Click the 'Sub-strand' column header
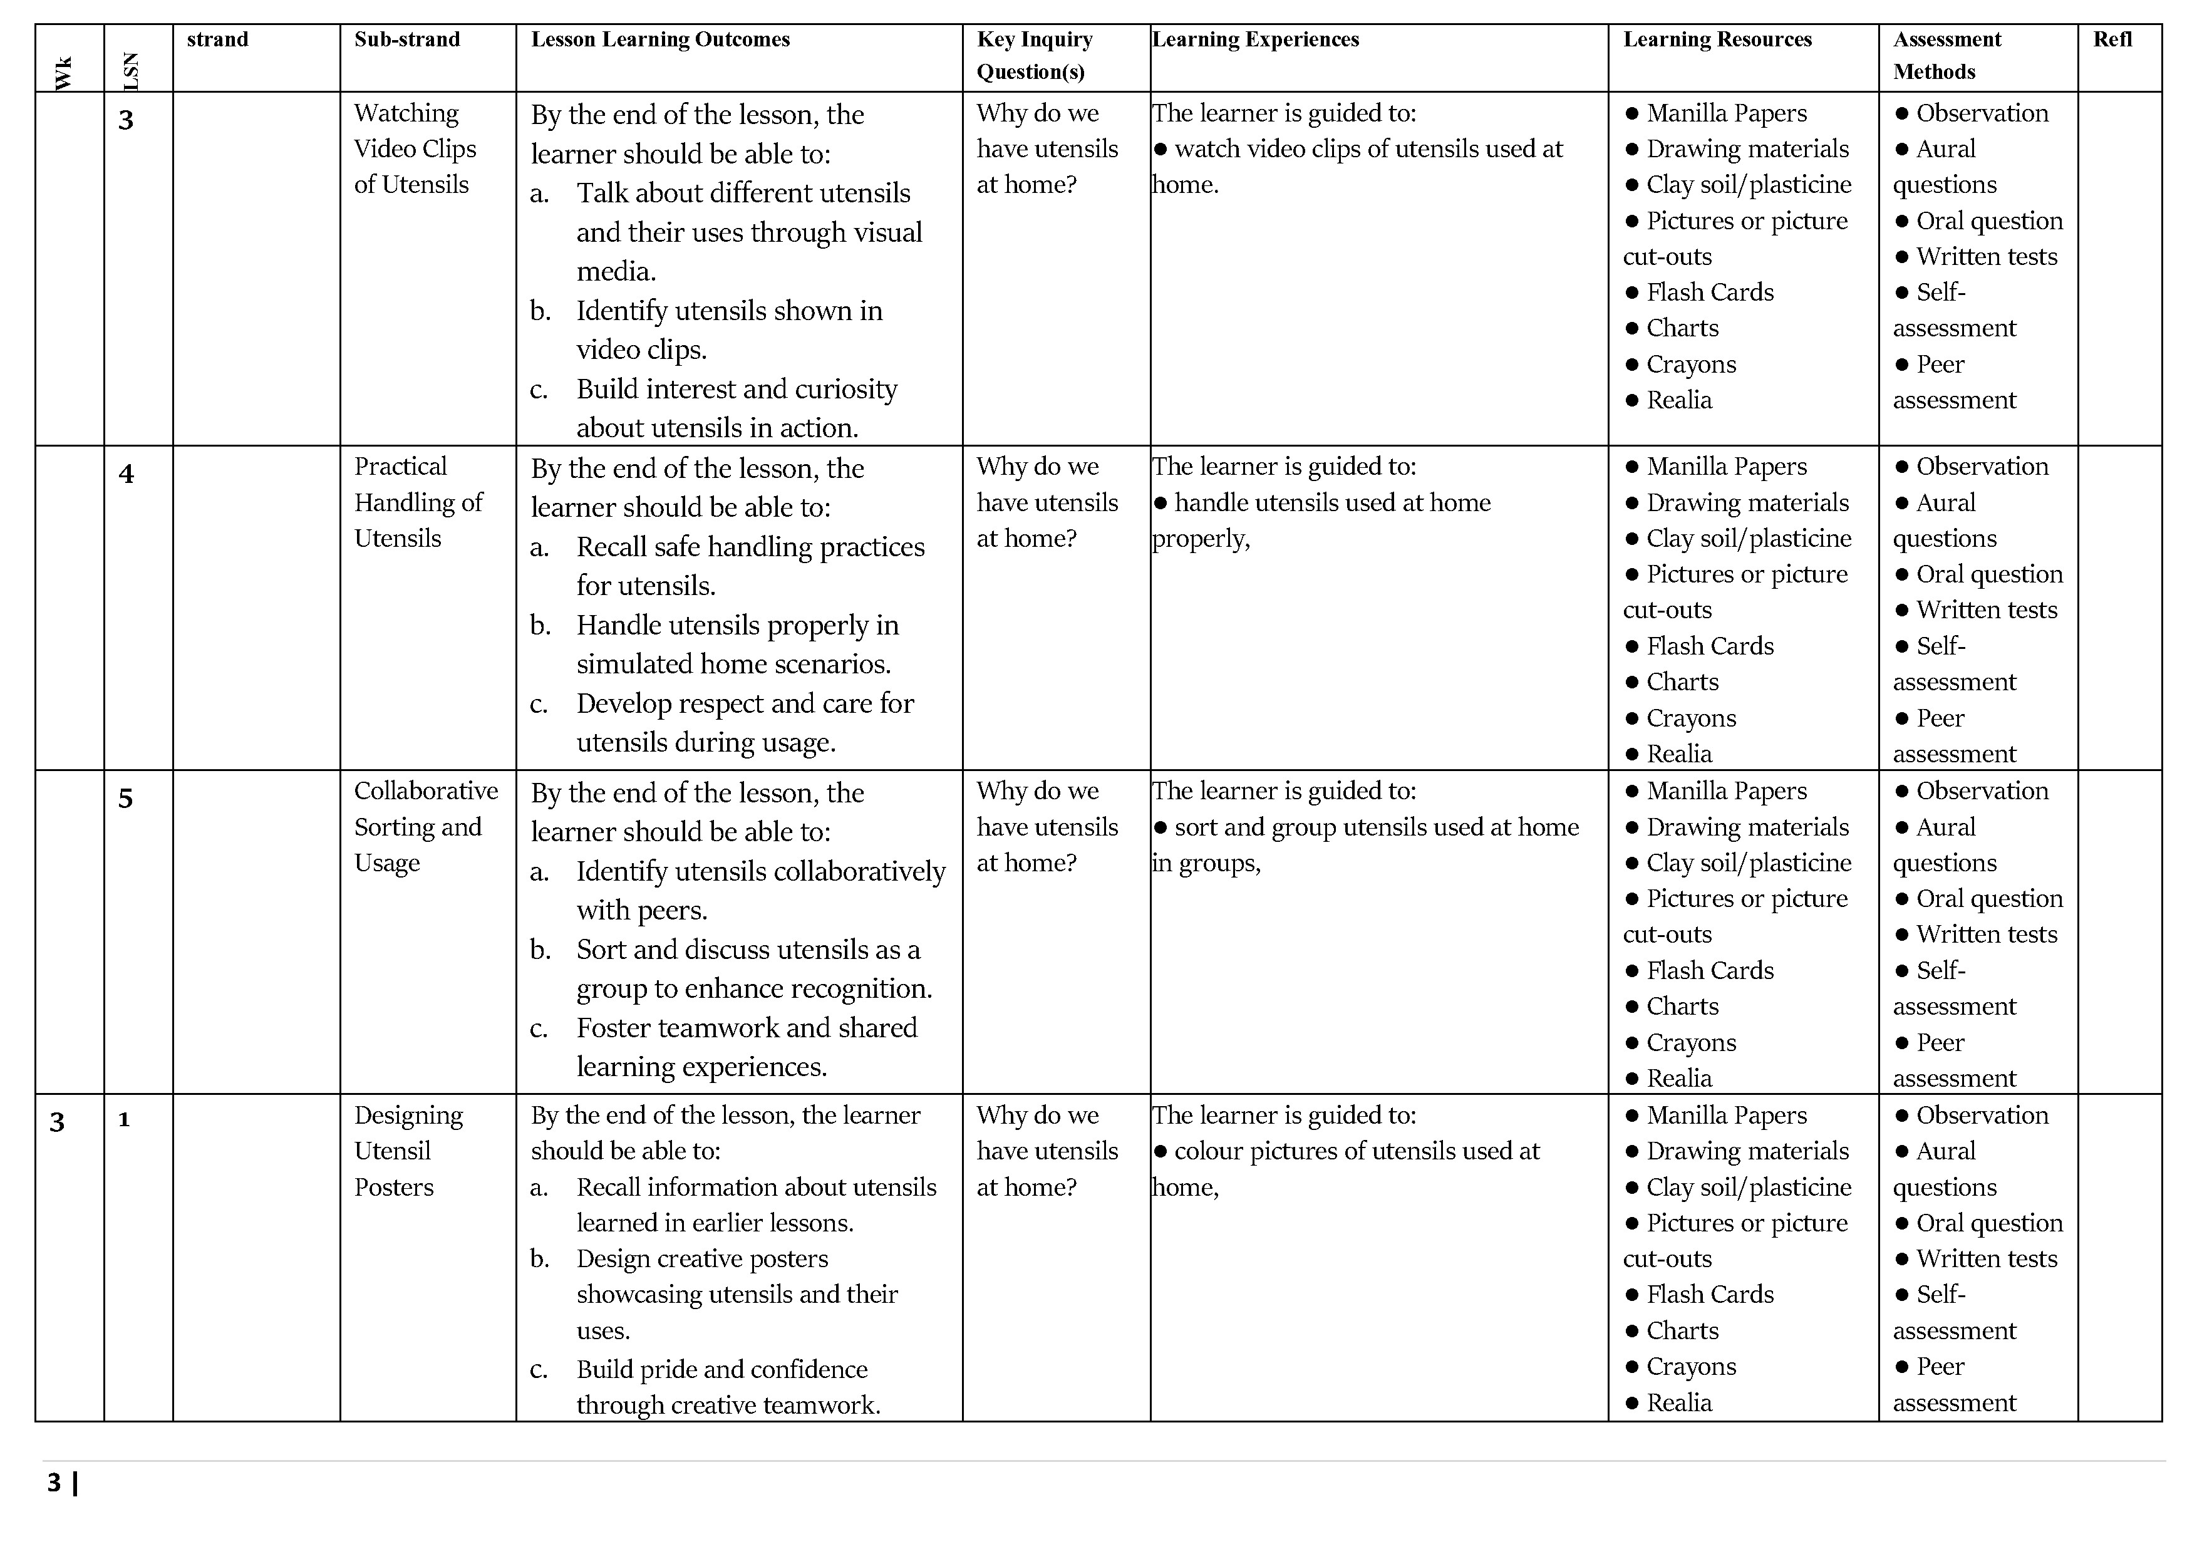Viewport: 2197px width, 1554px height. pyautogui.click(x=406, y=39)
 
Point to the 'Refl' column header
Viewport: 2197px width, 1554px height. pyautogui.click(x=2112, y=39)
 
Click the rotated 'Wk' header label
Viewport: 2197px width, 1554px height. pyautogui.click(x=64, y=73)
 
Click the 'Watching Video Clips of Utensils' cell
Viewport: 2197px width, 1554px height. pyautogui.click(x=415, y=148)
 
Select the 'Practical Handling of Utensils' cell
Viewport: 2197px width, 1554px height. pyautogui.click(x=418, y=502)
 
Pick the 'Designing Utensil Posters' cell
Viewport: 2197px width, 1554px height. pyautogui.click(x=408, y=1151)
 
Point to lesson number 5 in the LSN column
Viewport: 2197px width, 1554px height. pyautogui.click(x=125, y=798)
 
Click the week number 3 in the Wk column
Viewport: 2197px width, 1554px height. pyautogui.click(x=58, y=1121)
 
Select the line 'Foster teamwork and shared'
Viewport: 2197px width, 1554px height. pyautogui.click(x=747, y=1028)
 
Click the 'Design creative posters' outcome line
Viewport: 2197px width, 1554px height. pyautogui.click(x=701, y=1258)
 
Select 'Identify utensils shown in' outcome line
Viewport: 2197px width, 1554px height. pyautogui.click(x=729, y=311)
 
